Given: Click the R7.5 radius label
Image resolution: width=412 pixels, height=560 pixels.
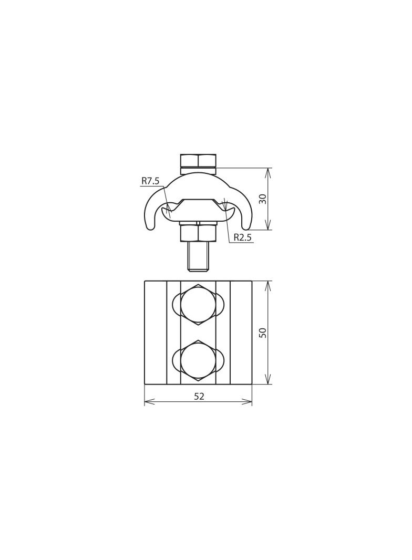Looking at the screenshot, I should coord(150,181).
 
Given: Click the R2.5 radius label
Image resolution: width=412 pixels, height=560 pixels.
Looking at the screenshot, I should coord(242,237).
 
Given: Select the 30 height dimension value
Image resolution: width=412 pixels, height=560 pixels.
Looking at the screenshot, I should coord(263,199).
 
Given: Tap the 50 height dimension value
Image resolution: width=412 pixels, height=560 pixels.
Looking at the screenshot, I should coord(263,333).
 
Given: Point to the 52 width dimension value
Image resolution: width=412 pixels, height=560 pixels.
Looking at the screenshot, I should coord(199,397).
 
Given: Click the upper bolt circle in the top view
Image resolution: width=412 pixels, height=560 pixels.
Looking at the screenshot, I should coord(198,305).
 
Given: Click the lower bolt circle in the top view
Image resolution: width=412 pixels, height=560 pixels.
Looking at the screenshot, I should coord(198,360).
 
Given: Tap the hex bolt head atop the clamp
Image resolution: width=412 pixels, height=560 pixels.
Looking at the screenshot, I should coord(198,160).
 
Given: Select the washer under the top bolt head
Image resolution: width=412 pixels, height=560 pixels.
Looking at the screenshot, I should coord(198,171).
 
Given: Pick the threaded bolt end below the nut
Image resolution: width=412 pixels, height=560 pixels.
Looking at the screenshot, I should coord(198,256).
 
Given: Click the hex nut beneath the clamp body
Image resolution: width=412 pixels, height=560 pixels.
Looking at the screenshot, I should coord(198,233).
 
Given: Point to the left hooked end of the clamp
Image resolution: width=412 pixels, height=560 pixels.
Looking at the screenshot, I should coord(150,221).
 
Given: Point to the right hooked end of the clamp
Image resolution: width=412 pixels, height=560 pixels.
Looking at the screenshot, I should coord(246,221).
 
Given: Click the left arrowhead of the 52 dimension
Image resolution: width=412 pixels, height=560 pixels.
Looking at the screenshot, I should coord(147,402).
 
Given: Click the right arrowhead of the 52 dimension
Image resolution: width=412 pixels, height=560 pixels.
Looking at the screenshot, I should coord(250,402).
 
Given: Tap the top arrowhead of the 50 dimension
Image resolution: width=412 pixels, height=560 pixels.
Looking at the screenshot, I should coord(268,284).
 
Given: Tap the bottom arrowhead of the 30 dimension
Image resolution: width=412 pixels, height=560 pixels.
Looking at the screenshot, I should coord(268,227).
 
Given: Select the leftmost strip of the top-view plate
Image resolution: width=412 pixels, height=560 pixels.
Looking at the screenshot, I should coord(156,333).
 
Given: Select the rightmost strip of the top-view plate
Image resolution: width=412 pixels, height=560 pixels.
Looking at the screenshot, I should coord(241,333).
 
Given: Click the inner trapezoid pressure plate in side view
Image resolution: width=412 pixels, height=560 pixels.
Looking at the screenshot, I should coord(198,209).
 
